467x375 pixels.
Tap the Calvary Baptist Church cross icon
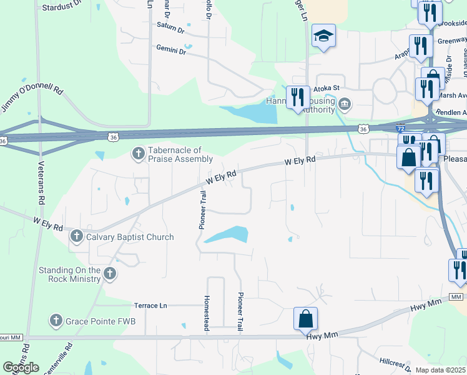pos(76,236)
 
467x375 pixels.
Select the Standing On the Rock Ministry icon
pos(110,273)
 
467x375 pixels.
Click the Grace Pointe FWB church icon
pos(56,321)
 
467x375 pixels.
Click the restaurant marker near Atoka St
pos(297,97)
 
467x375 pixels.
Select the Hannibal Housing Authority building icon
pos(344,103)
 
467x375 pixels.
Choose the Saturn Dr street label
pos(170,29)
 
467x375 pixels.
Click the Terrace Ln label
pos(151,306)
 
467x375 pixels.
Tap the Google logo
pos(21,367)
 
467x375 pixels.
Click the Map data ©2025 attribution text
pos(440,370)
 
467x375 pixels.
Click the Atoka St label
pos(325,89)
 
